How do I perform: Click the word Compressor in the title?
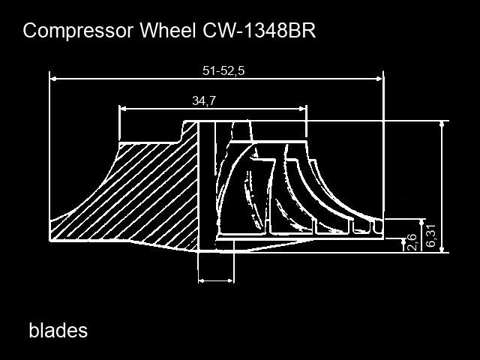tap(78, 31)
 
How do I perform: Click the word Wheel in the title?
tap(168, 30)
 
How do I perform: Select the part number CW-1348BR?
tap(259, 30)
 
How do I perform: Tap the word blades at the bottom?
tap(58, 330)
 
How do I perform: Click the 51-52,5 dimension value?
tap(223, 70)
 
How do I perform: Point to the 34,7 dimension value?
tap(204, 100)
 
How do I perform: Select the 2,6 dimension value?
tap(412, 241)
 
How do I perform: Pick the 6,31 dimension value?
tap(430, 235)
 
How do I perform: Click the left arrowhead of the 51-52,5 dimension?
tap(53, 79)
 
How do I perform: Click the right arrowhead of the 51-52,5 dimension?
tap(379, 79)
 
